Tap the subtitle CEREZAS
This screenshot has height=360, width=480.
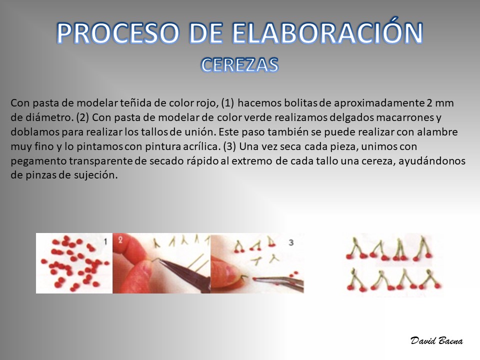pyautogui.click(x=239, y=65)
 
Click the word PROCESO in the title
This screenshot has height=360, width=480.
pyautogui.click(x=118, y=33)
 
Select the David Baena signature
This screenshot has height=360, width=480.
pyautogui.click(x=436, y=340)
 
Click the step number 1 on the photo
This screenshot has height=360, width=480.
pyautogui.click(x=105, y=242)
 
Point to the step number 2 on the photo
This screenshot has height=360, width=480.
pyautogui.click(x=120, y=239)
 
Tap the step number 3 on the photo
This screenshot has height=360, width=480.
pyautogui.click(x=291, y=242)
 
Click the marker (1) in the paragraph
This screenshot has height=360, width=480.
pyautogui.click(x=227, y=103)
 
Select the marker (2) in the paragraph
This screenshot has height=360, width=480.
pyautogui.click(x=82, y=117)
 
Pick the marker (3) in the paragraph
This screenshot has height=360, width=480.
pyautogui.click(x=229, y=146)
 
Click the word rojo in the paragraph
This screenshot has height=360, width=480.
pyautogui.click(x=207, y=103)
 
